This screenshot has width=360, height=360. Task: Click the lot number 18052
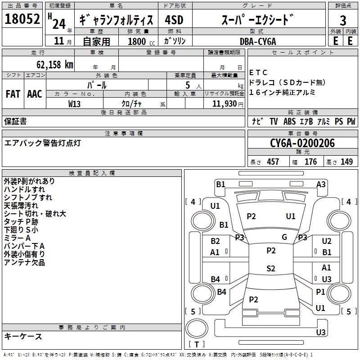coord(22,19)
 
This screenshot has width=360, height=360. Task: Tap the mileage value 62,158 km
coord(55,65)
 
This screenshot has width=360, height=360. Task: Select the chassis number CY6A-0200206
coord(302,143)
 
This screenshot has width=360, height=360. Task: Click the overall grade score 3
coord(343,20)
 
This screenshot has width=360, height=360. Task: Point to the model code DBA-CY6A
coord(258,41)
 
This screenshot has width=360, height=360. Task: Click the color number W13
coord(74,104)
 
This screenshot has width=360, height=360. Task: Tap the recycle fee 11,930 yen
coord(228,104)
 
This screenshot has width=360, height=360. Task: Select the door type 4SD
coord(174,20)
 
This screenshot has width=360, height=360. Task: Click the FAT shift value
coord(13,94)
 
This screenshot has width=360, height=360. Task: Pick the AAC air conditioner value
coord(35,94)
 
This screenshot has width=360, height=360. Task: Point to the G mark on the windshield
coord(284,237)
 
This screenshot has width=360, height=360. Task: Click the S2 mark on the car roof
coord(271,268)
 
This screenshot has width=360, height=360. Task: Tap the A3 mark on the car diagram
coord(321,184)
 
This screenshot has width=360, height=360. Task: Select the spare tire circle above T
coord(197,328)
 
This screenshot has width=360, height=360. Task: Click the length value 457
coord(273,162)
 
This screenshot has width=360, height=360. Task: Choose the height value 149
coord(346,162)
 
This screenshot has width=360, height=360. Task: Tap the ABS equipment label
coord(289,121)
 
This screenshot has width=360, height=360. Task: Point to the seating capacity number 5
coord(188,85)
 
